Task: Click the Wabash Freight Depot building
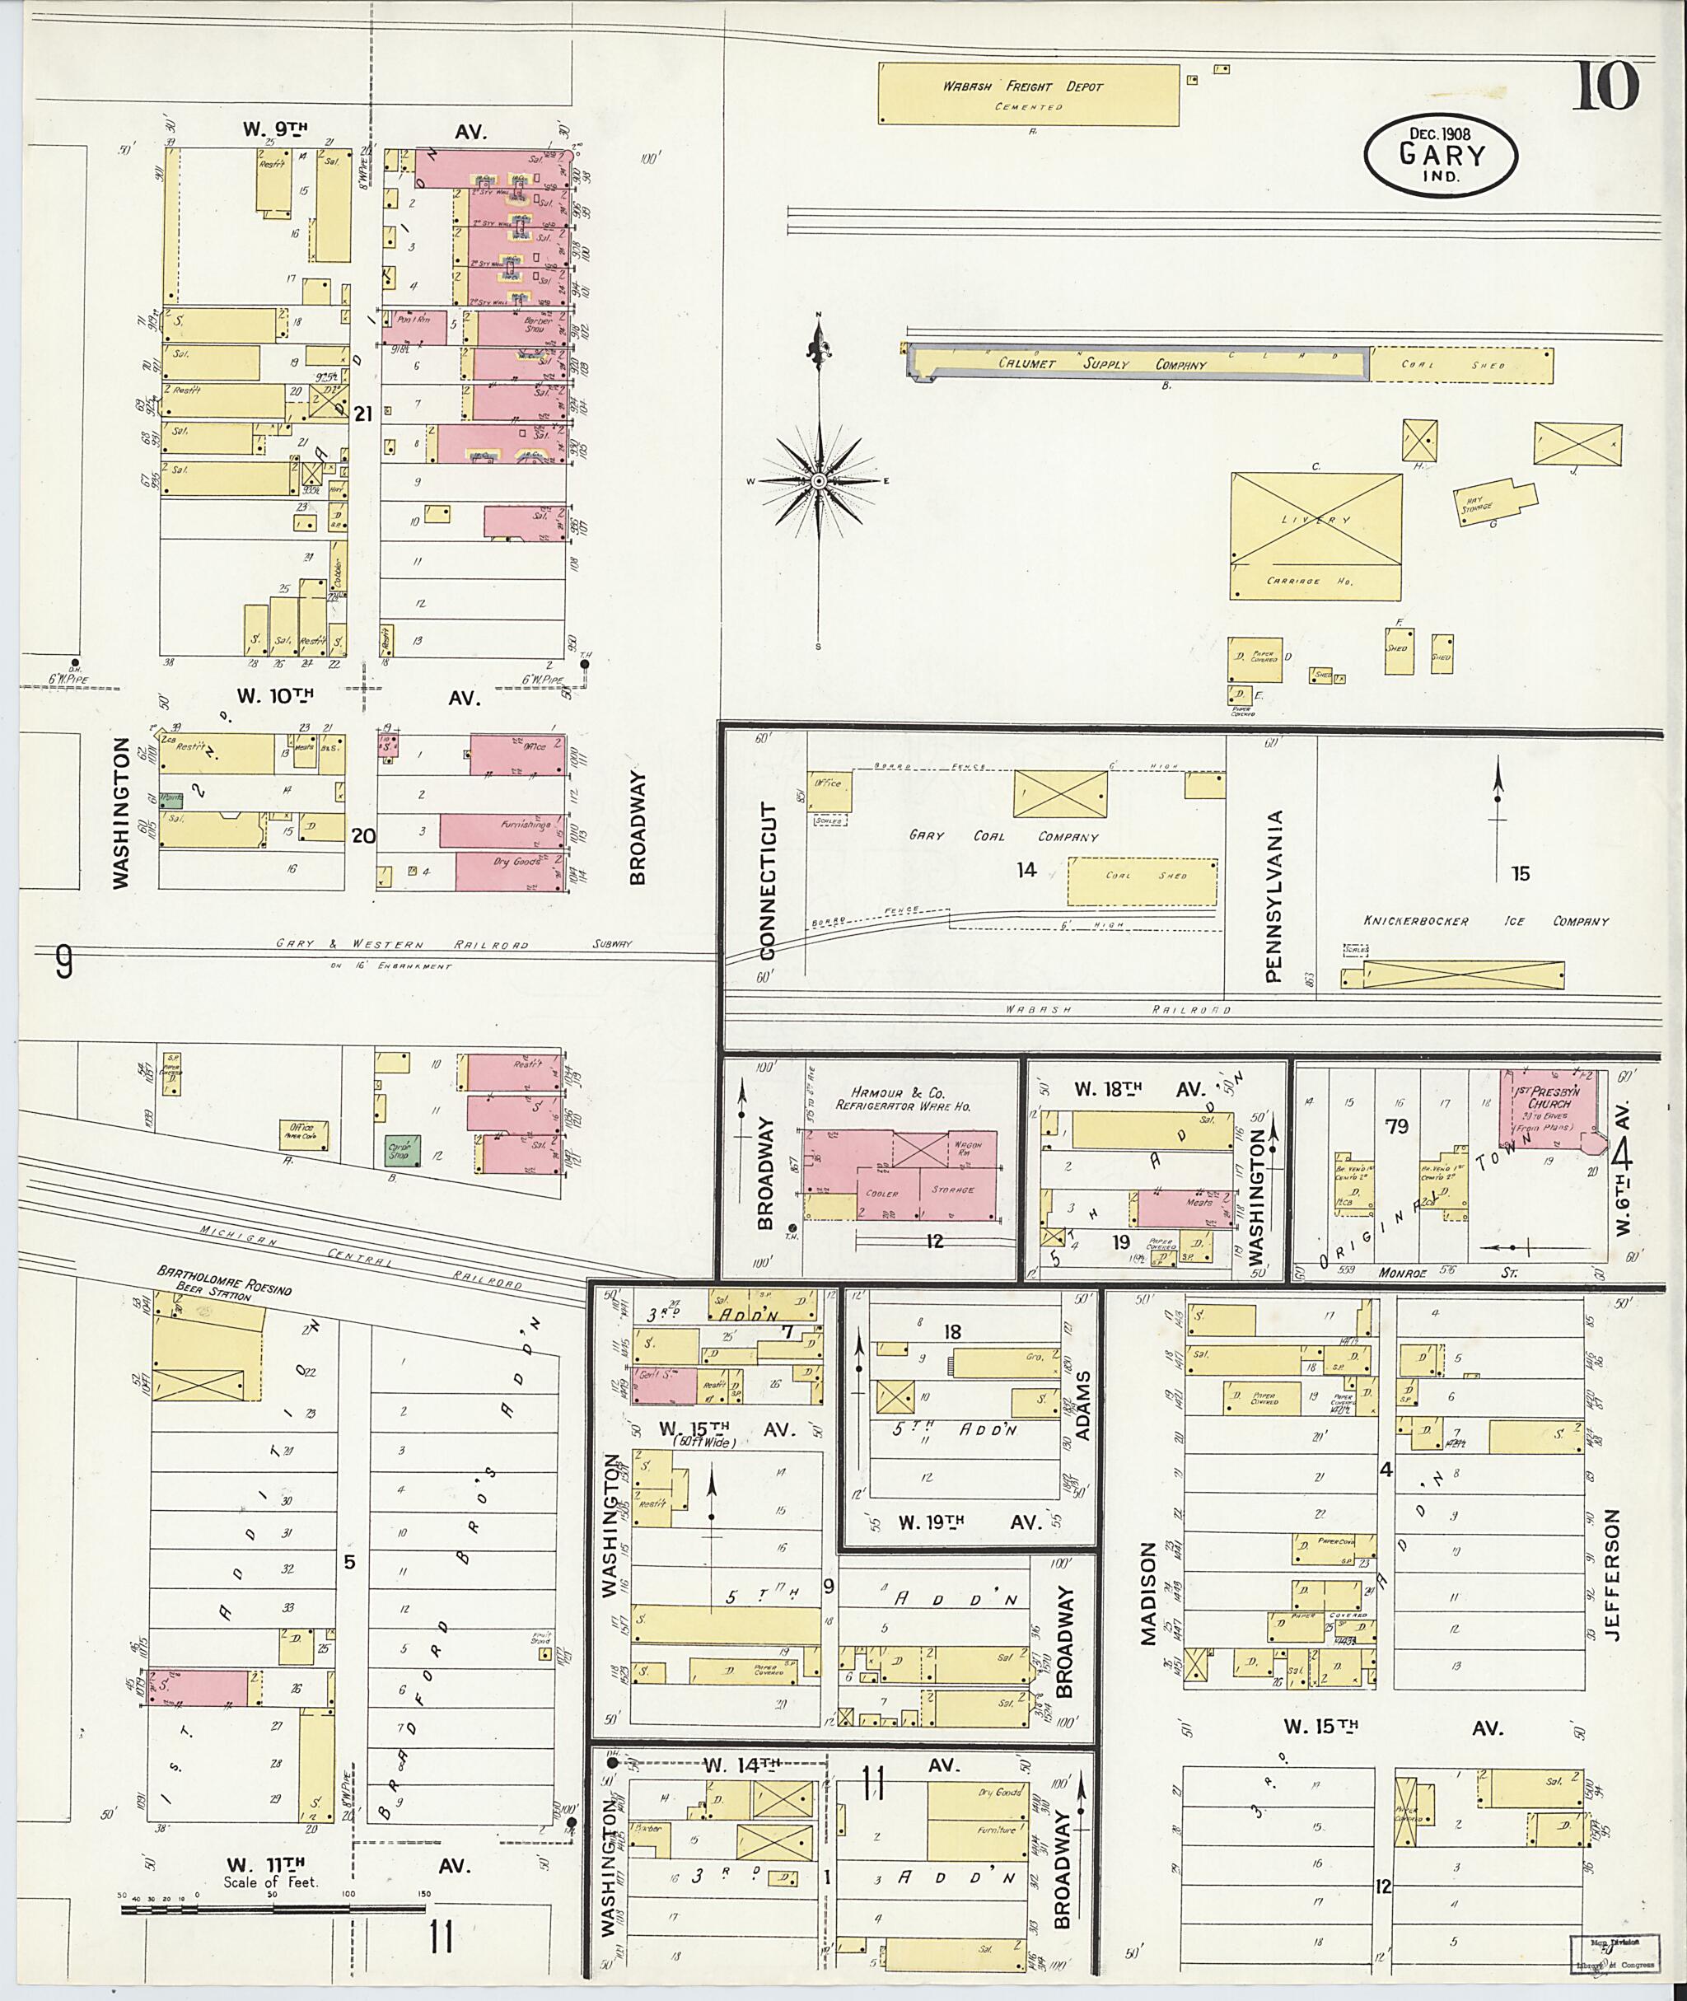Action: point(1028,94)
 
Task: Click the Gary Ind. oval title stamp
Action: point(1442,156)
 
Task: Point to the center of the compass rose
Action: point(819,480)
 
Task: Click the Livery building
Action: point(1315,535)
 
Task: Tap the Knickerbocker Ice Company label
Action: point(1485,921)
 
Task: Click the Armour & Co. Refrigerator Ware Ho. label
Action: point(903,1099)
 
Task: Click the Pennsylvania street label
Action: point(1272,896)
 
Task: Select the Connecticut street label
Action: point(771,880)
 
